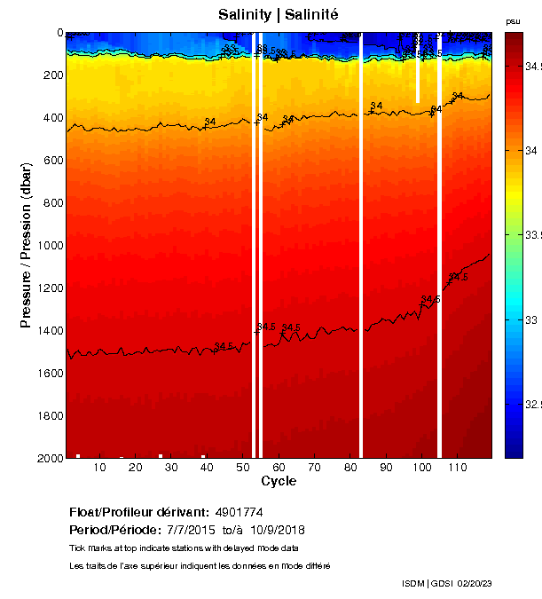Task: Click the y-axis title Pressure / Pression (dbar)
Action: tap(27, 245)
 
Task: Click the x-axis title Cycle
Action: tap(279, 482)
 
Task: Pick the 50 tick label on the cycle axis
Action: tap(243, 467)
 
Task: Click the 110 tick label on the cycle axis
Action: tap(458, 467)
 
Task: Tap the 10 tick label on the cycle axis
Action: tap(99, 467)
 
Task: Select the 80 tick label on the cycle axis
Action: tap(350, 467)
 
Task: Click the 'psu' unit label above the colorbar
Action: tap(513, 21)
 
